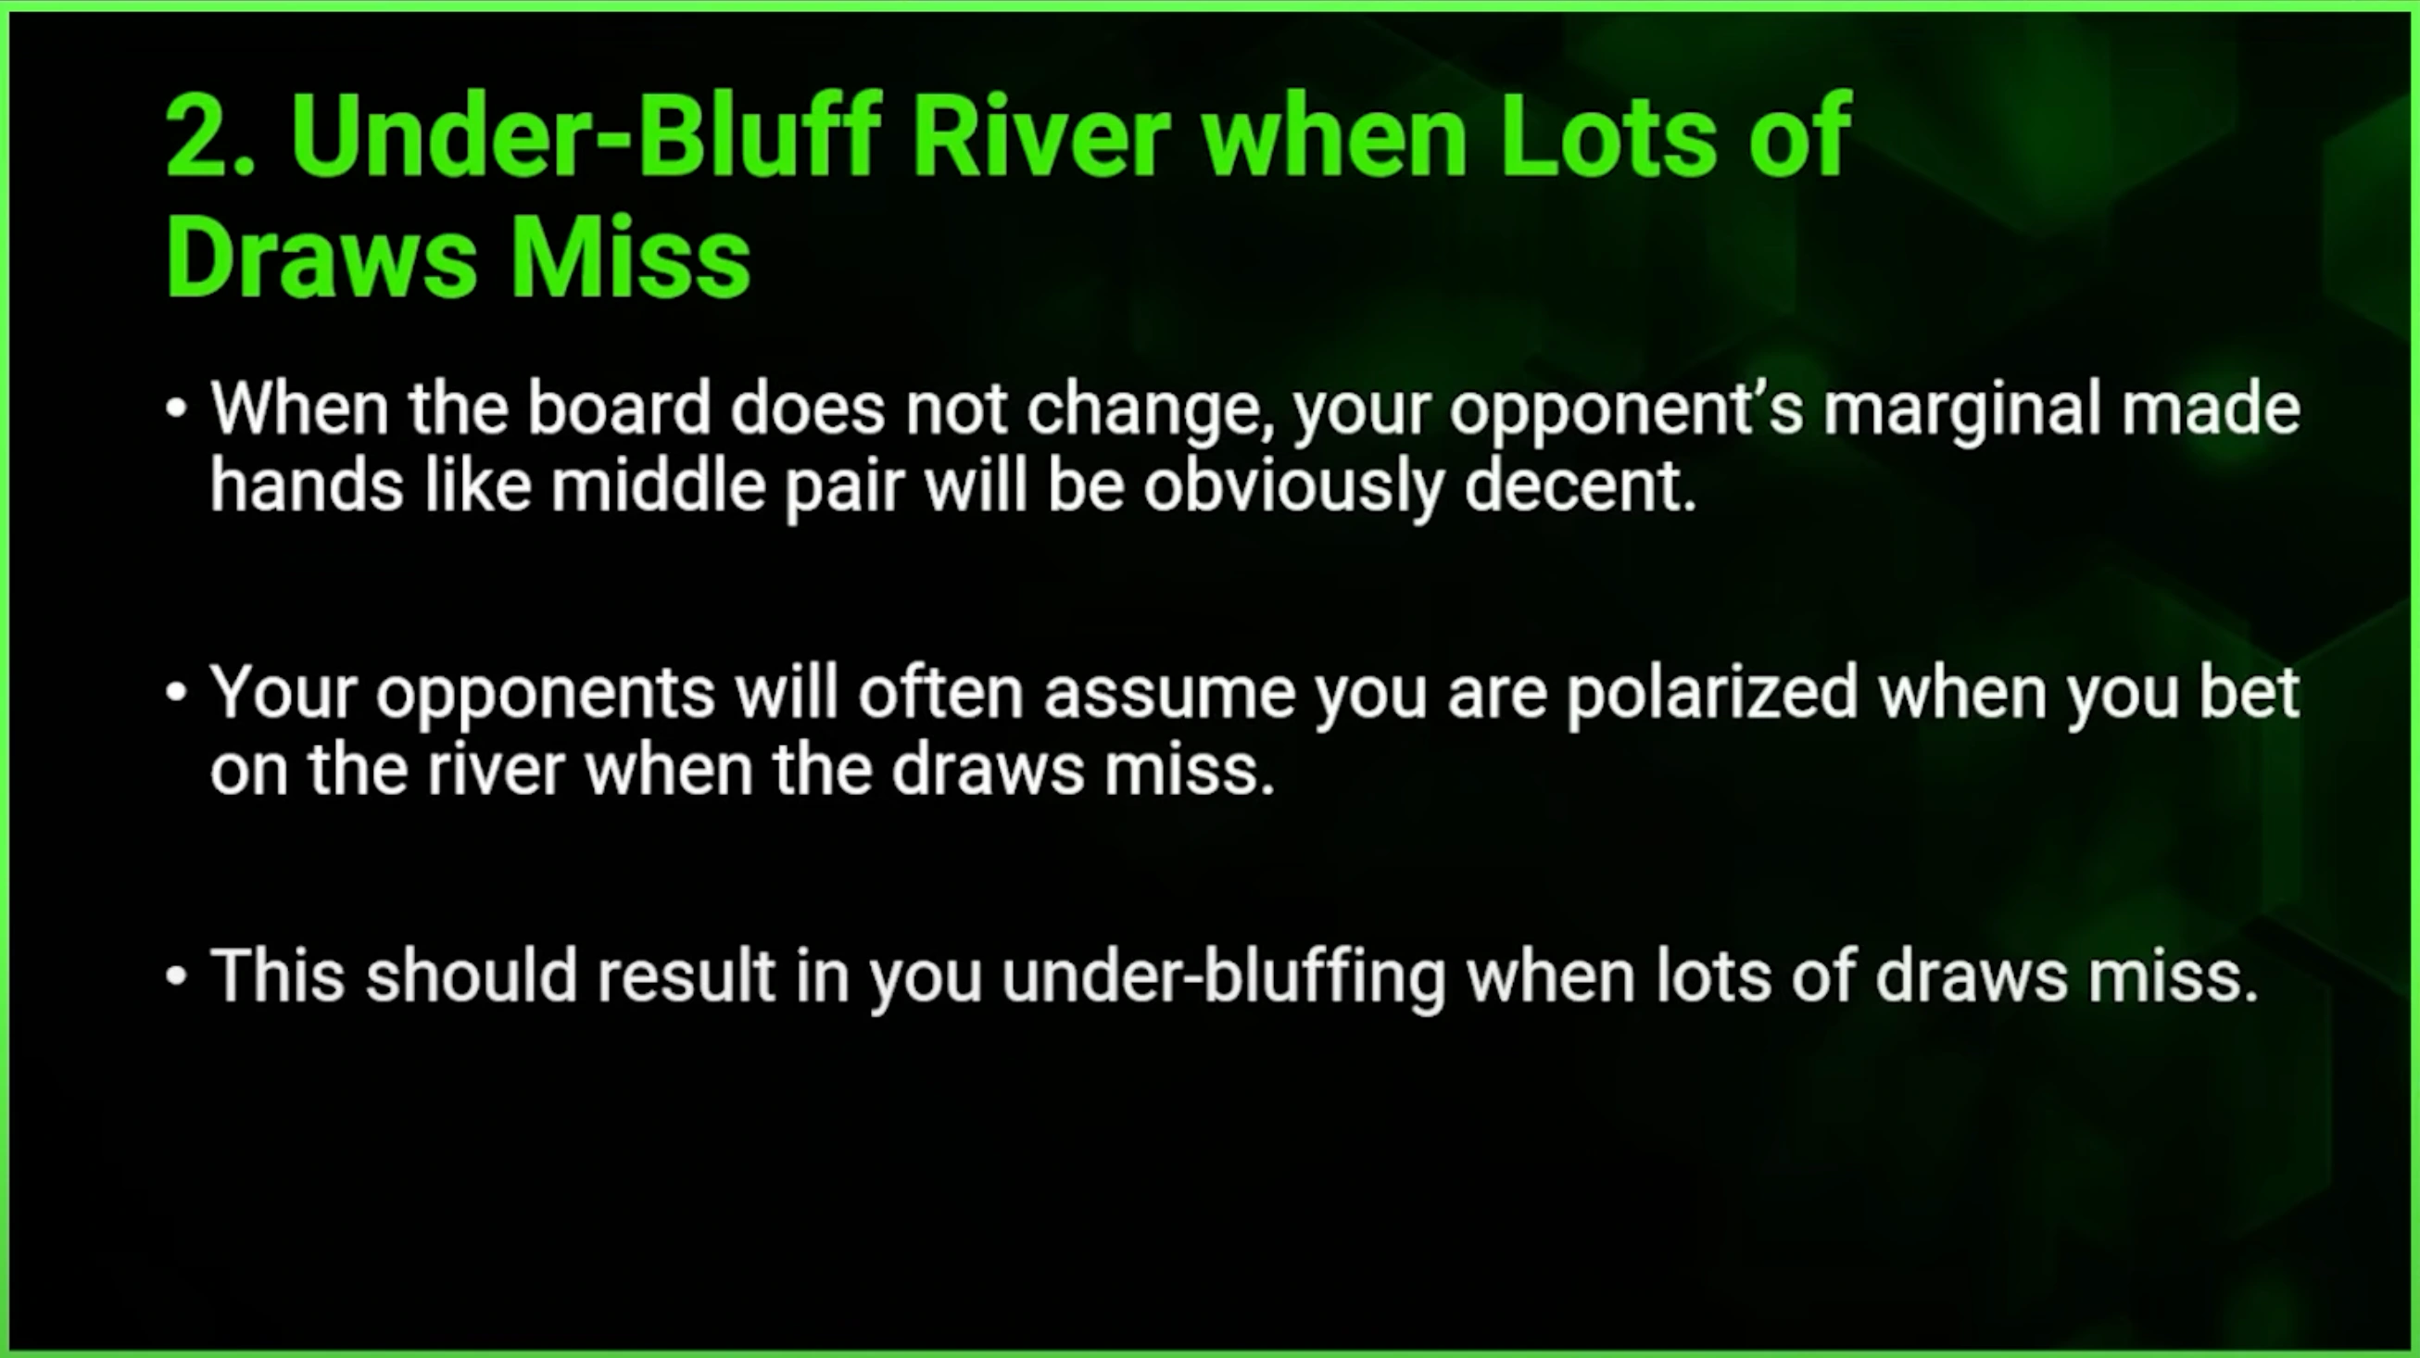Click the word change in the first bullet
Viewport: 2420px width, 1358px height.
(1151, 413)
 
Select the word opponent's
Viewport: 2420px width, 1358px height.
(1626, 413)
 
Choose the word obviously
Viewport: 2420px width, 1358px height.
(1292, 490)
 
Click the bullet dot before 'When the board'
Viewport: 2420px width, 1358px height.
(176, 409)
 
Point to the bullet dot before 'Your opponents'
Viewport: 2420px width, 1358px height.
(176, 692)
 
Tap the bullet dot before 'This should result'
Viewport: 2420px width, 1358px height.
(176, 975)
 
